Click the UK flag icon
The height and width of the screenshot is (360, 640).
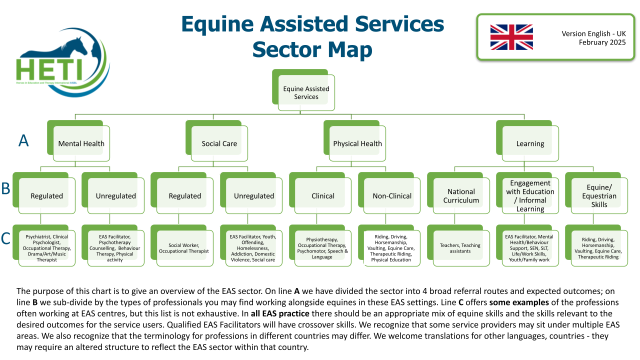tap(511, 37)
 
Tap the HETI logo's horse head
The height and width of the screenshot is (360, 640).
tap(75, 45)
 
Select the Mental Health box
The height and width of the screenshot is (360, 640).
tap(78, 141)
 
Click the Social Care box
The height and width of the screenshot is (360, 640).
tap(217, 141)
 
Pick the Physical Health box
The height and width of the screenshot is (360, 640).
tap(354, 141)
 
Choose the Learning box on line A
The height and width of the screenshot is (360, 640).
tap(527, 141)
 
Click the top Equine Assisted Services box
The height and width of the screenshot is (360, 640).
tap(303, 90)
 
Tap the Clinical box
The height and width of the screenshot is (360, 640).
tap(320, 193)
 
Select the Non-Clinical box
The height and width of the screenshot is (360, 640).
tap(389, 193)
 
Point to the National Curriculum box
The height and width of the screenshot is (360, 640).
tap(458, 193)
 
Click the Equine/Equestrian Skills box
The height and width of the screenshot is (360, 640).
tap(596, 193)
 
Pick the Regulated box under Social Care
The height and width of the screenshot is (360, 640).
tap(182, 193)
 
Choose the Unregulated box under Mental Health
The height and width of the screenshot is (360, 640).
tap(113, 193)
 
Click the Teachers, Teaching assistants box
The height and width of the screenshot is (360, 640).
tap(458, 245)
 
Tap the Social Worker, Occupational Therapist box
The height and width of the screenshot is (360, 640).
tap(182, 245)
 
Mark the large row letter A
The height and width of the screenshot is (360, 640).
tap(23, 140)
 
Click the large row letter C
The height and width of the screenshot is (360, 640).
tap(5, 238)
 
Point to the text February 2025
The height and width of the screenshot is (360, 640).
tap(602, 42)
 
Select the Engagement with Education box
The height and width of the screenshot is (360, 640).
tap(527, 193)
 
